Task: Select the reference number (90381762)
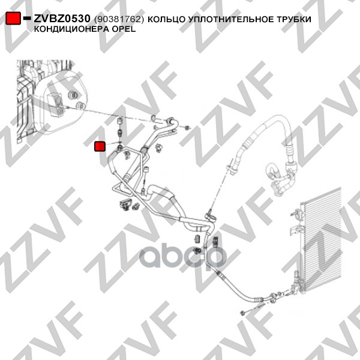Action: pyautogui.click(x=119, y=19)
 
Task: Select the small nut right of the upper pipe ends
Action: pyautogui.click(x=187, y=128)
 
